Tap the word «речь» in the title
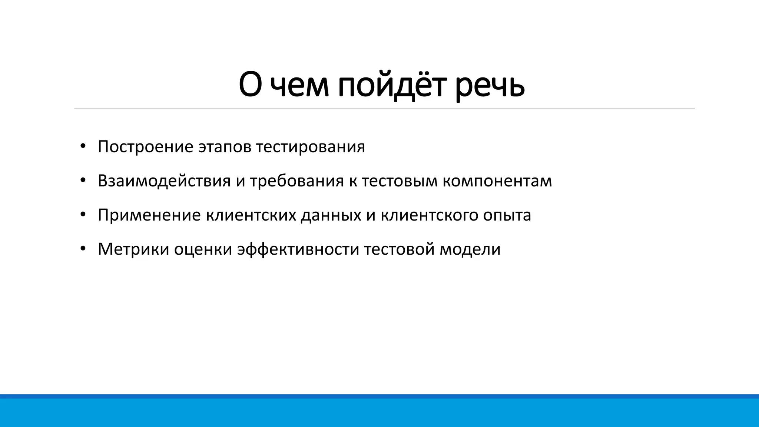(490, 86)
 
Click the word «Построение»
(145, 147)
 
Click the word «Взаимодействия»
(164, 181)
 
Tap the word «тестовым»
(400, 181)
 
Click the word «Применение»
(149, 215)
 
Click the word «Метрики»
(133, 249)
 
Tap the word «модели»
(470, 249)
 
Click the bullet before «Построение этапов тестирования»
(83, 146)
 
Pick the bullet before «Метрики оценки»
(83, 248)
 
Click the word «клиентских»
(251, 215)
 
